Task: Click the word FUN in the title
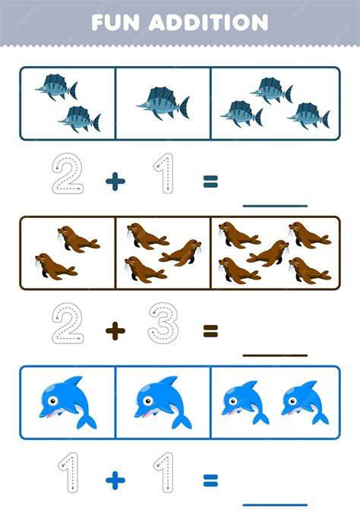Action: coord(115,23)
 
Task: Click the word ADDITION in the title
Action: coord(208,23)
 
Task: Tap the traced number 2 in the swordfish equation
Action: coord(68,173)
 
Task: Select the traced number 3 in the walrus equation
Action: coord(163,323)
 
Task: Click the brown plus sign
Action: coord(115,331)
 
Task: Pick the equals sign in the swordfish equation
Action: coord(210,181)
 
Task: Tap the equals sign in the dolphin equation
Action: coord(210,481)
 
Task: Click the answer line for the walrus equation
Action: coord(275,356)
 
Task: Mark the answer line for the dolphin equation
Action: coord(275,504)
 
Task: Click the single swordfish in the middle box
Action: coord(163,103)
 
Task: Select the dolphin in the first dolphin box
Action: coord(68,403)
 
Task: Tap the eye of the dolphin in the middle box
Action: coord(147,400)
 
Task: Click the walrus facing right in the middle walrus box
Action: coord(181,252)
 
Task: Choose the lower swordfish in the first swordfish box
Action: coord(80,119)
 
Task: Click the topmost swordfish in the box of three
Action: coord(271,90)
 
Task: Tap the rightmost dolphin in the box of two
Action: coord(305,403)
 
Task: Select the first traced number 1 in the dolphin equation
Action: coord(68,473)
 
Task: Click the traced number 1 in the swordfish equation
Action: coord(164,173)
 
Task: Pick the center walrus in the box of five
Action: coord(268,253)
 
